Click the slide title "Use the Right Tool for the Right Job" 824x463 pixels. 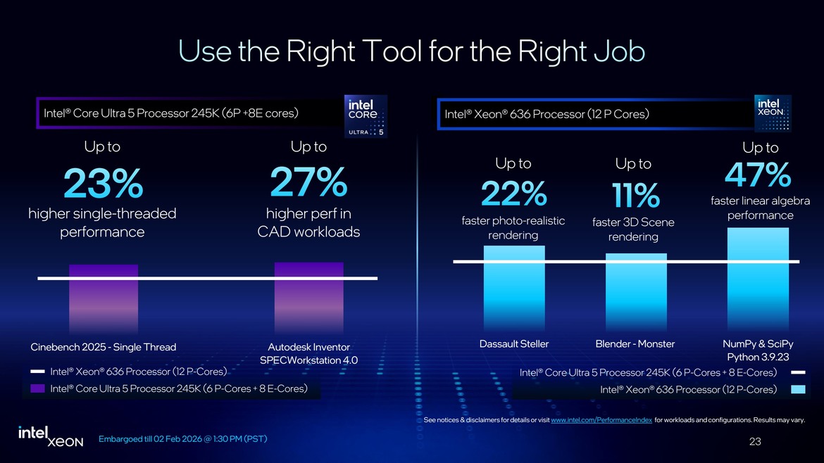tap(412, 51)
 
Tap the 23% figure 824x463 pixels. tap(103, 185)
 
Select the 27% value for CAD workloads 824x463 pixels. tap(308, 183)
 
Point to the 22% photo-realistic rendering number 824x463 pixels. tap(513, 194)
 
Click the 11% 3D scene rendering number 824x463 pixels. tap(634, 196)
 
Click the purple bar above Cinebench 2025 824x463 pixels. tap(103, 299)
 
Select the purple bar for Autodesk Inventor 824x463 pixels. tap(308, 298)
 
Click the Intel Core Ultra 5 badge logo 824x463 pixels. tap(364, 116)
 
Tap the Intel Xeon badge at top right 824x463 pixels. tap(773, 113)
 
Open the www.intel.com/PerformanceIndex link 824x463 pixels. tap(601, 420)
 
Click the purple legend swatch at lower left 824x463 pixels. tap(38, 388)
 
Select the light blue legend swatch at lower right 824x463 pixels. tap(798, 389)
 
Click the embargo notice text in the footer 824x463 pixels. tap(182, 439)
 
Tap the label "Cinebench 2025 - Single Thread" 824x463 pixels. tap(104, 347)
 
